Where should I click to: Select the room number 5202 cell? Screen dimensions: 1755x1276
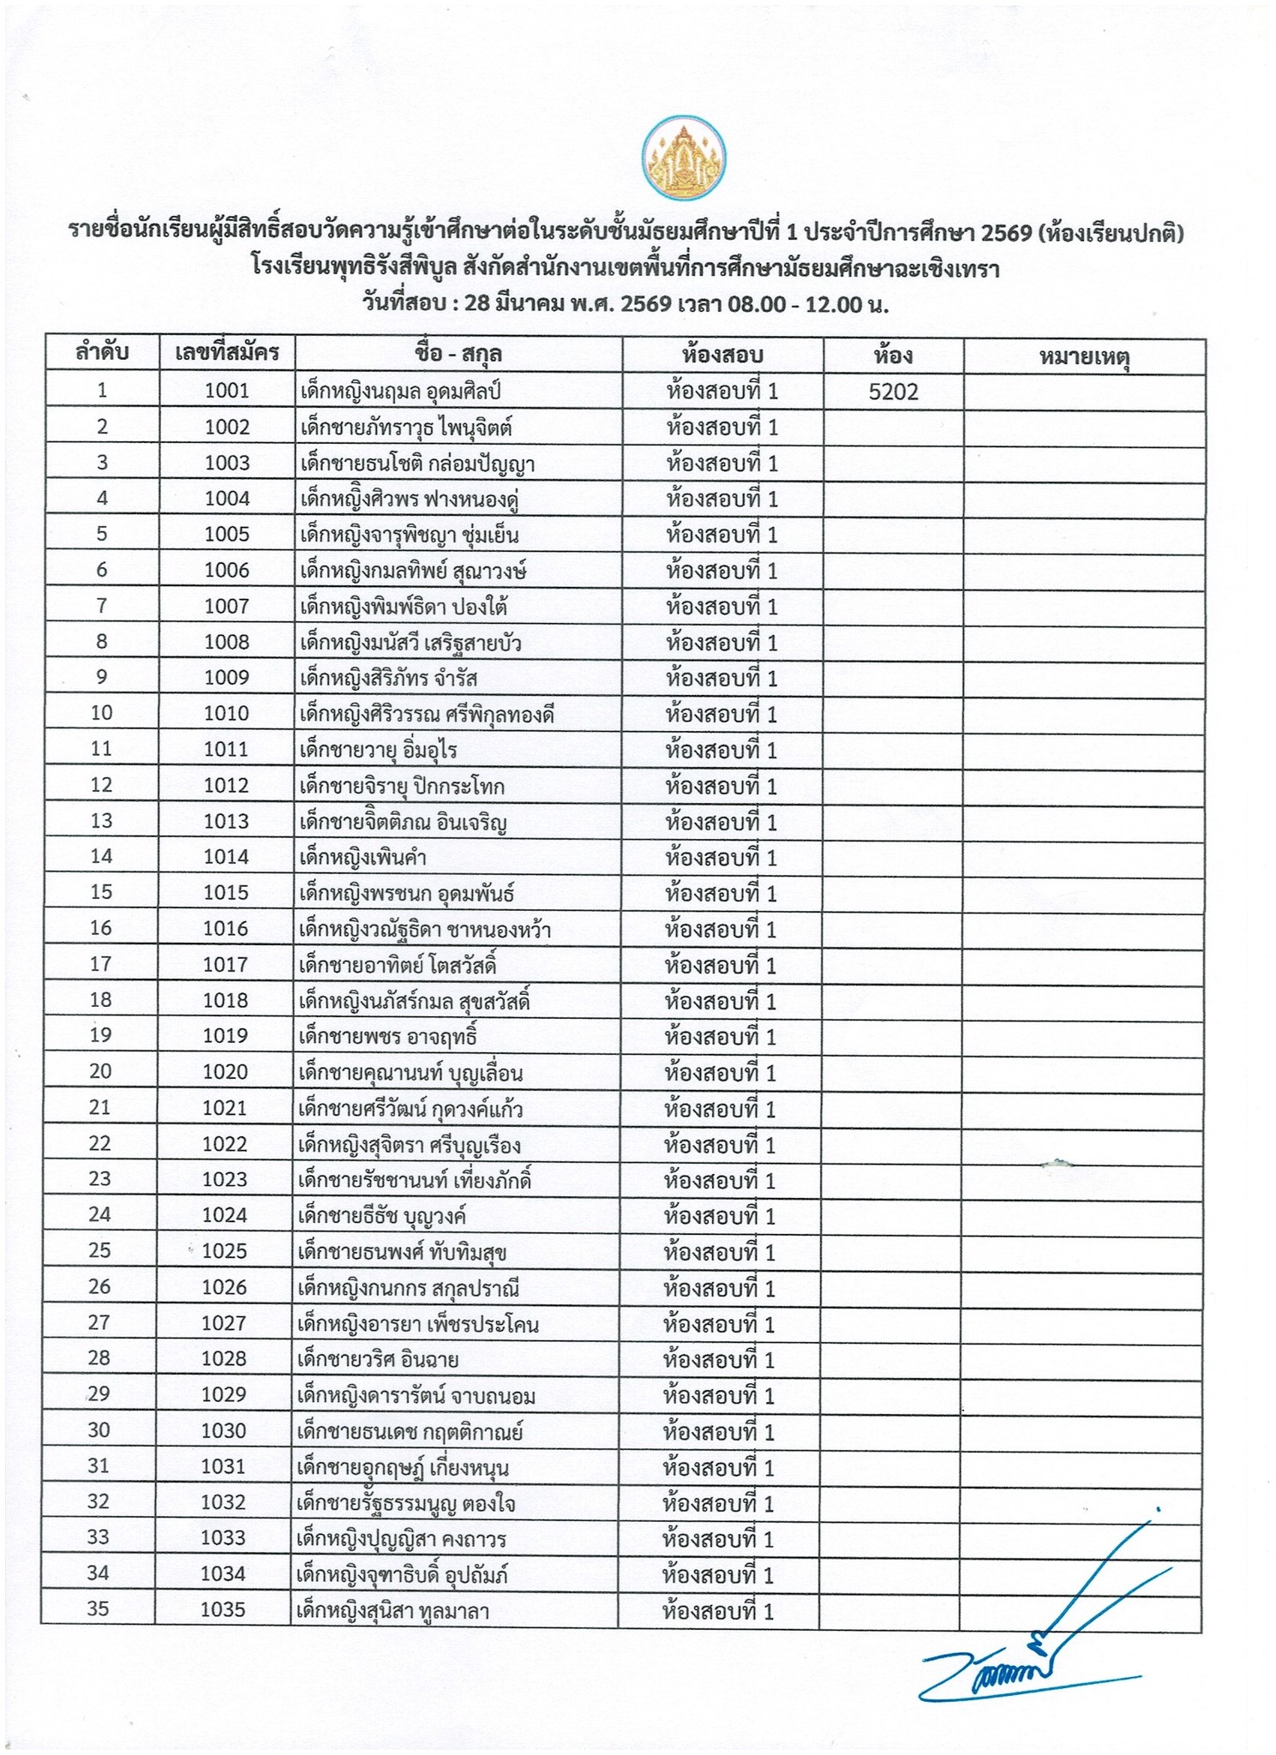893,392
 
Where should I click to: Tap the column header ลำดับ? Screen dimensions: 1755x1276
102,353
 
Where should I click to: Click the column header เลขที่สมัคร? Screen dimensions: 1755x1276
226,353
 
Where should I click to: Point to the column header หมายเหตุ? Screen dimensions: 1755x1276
1084,356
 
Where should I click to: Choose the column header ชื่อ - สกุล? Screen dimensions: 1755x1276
458,354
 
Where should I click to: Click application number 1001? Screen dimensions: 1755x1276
227,392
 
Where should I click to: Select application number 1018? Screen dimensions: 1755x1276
226,1001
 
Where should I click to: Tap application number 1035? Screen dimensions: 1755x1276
223,1609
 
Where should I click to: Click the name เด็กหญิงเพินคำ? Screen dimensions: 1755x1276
363,858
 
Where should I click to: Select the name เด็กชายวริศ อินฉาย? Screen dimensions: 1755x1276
377,1359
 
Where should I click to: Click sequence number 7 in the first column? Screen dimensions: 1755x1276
102,607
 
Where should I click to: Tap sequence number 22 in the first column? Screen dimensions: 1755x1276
100,1144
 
